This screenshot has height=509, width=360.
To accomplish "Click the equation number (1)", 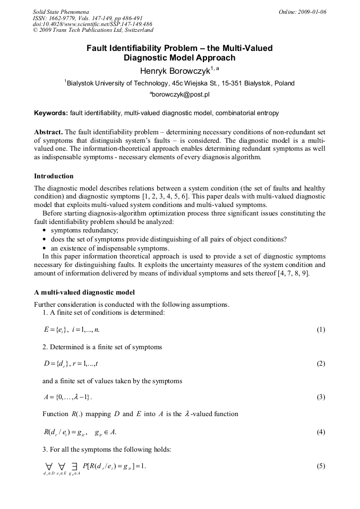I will coord(321,330).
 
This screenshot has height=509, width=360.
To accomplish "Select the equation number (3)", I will coord(321,397).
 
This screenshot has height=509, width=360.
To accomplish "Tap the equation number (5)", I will coord(321,466).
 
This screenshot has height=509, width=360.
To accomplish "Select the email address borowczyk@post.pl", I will coord(180,94).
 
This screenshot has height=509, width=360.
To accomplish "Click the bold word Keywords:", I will coord(51,113).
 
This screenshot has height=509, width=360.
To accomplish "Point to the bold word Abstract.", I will coord(48,132).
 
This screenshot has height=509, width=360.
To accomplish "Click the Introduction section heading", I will coord(54,176).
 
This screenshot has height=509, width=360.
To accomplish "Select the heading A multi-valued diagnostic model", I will coord(84,292).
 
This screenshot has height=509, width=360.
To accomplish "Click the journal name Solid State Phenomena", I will coord(61,12).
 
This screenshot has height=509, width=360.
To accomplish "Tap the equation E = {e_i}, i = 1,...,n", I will coord(72,330).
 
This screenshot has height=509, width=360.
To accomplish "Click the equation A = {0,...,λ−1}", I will coord(68,397).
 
